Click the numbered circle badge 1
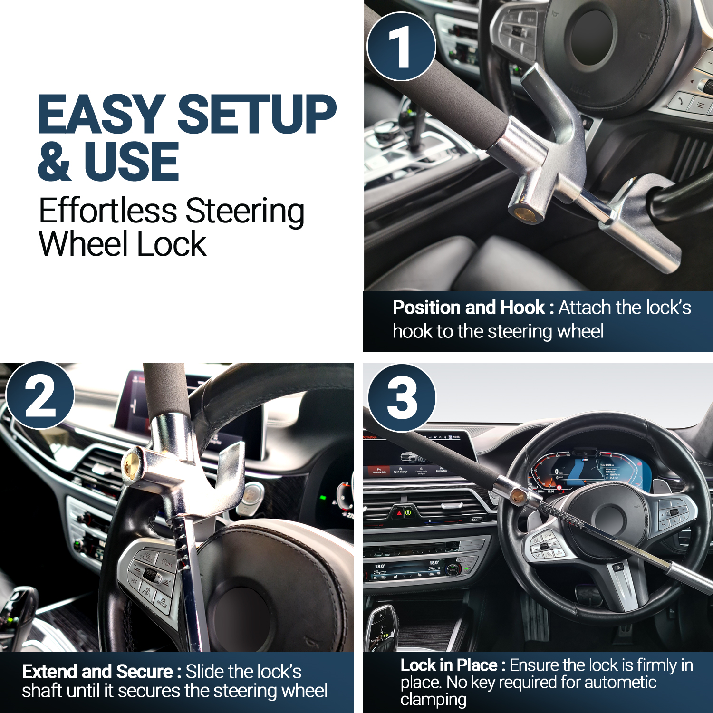tap(401, 46)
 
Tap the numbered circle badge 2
tap(40, 395)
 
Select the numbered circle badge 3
tap(402, 398)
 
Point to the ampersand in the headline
tap(54, 161)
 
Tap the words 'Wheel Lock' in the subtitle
tap(123, 244)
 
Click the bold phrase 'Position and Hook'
tap(469, 308)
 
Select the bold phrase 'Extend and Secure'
tap(97, 672)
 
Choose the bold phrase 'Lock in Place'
tap(449, 665)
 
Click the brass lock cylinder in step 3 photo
tap(518, 497)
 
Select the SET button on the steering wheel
tap(135, 581)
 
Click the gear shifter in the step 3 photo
tap(382, 627)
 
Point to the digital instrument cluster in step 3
tap(592, 473)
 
